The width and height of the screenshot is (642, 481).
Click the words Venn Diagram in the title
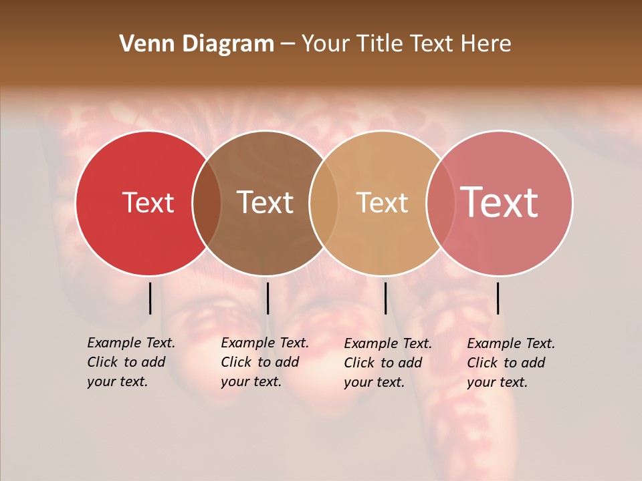pos(197,44)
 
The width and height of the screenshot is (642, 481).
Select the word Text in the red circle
pos(148,202)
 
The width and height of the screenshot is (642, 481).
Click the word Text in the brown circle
pos(265,202)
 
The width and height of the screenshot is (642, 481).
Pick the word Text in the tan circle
pos(382,202)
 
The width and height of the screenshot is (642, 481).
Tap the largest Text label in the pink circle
pos(500,202)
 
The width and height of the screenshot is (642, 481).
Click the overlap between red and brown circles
pos(207,203)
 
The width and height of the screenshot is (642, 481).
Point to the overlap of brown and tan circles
pos(324,203)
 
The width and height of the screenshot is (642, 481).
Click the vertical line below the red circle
pos(150,298)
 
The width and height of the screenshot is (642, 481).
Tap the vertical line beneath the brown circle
pos(267,298)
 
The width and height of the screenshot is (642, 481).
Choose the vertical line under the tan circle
pos(385,298)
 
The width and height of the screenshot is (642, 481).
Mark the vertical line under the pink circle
pos(498,298)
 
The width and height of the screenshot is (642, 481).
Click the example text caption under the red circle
pos(131,362)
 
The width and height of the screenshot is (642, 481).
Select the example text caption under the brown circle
pos(265,362)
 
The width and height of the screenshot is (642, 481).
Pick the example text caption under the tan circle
pos(388,363)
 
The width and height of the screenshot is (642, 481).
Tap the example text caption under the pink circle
pos(511,363)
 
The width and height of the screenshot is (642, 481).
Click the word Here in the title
pos(487,44)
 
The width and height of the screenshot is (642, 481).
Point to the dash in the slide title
pos(288,45)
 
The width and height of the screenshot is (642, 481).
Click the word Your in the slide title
pos(326,44)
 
